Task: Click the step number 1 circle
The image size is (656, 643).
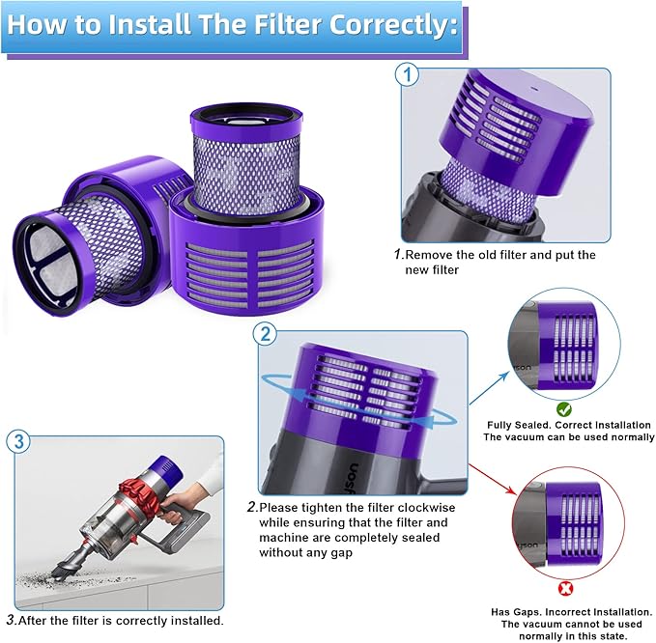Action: point(408,75)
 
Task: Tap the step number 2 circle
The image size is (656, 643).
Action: point(266,335)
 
